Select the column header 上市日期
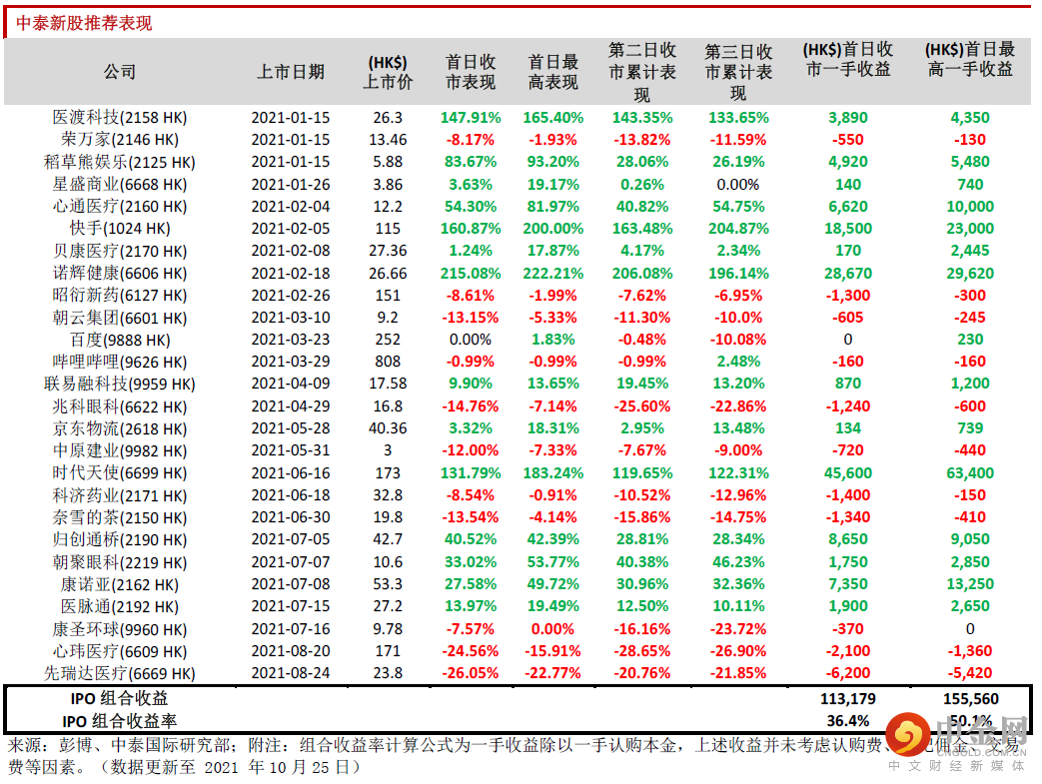[x=290, y=72]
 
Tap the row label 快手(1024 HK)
[x=120, y=229]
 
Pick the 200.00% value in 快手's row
[x=552, y=229]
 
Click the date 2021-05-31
[x=290, y=451]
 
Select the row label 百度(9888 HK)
[x=120, y=341]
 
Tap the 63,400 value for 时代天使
[x=969, y=473]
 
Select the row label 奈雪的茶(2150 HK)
[x=120, y=518]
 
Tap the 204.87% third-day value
[x=738, y=229]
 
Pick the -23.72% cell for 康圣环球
[x=738, y=630]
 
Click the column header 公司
[x=120, y=72]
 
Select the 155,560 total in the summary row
[x=969, y=699]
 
